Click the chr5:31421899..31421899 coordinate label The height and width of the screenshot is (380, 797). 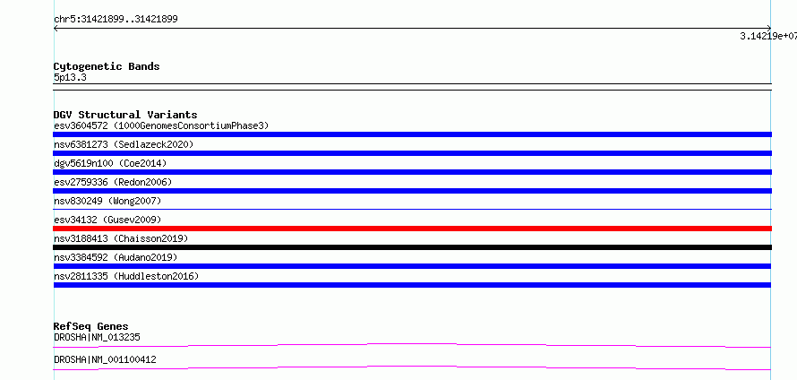[x=116, y=20]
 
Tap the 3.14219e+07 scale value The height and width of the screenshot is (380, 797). [x=768, y=36]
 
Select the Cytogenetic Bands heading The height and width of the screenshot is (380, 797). [x=107, y=66]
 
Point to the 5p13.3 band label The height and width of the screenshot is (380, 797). [x=70, y=77]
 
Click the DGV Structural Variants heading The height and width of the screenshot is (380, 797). [x=125, y=115]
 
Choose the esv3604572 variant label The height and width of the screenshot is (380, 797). [x=81, y=125]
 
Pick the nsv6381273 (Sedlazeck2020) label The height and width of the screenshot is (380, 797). [x=124, y=144]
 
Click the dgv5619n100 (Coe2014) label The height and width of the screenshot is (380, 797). [x=110, y=163]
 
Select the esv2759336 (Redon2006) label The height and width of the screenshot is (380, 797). [x=113, y=182]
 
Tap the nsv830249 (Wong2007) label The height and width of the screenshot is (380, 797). [x=107, y=201]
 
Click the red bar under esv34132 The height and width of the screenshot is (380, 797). [x=412, y=229]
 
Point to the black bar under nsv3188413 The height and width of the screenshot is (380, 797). [x=412, y=247]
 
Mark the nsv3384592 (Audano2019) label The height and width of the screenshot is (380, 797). [x=116, y=257]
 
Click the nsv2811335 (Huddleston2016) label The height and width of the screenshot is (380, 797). [x=126, y=276]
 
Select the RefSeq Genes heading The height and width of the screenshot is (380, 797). [x=91, y=326]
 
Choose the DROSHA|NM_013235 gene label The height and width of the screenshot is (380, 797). [x=97, y=337]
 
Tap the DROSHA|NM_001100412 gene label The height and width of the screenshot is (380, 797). [x=105, y=359]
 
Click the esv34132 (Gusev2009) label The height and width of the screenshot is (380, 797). [x=107, y=220]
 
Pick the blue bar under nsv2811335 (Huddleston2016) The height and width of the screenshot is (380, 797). [x=412, y=285]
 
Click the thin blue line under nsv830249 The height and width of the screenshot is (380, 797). [x=412, y=209]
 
